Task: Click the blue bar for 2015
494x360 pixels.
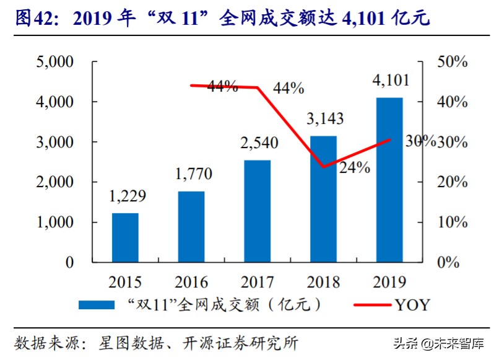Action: (125, 237)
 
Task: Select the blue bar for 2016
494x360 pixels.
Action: (191, 226)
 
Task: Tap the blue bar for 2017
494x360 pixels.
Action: (258, 211)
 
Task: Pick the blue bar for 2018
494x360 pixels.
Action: (323, 199)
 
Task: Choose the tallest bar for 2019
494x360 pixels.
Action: (389, 180)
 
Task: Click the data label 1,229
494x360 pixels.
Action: (128, 197)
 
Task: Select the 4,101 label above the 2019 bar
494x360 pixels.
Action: (389, 81)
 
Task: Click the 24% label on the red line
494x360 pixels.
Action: (355, 167)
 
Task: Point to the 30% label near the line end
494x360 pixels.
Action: (420, 141)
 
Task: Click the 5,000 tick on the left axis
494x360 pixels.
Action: (54, 62)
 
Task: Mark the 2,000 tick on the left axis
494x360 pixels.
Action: (54, 182)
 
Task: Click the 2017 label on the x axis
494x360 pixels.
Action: (258, 282)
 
